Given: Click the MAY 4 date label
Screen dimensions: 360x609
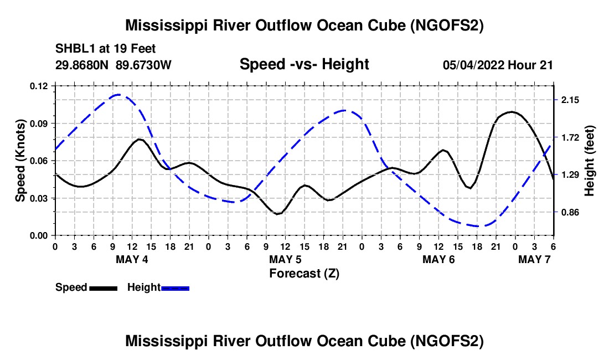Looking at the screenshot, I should [x=132, y=259].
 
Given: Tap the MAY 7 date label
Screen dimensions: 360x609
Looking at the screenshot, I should [x=534, y=259].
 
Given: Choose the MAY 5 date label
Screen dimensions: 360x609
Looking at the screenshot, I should [x=285, y=259].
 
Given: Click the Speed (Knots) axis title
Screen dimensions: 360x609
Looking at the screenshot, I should [x=20, y=161].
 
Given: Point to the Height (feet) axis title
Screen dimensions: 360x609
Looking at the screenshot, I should [x=590, y=161].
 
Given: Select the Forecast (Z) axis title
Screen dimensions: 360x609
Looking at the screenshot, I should [x=304, y=273].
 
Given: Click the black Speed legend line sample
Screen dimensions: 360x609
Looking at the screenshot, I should [x=104, y=288].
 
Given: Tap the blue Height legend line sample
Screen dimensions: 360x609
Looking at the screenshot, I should [x=176, y=288].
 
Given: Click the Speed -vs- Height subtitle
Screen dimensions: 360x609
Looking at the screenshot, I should [x=304, y=64].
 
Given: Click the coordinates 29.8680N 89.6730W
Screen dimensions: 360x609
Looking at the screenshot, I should [x=113, y=65].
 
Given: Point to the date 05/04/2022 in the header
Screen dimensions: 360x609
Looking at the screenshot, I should [x=473, y=65].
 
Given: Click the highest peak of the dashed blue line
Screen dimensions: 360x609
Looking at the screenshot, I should [x=118, y=95].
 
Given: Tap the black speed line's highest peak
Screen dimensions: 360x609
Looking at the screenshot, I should [x=511, y=112].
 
